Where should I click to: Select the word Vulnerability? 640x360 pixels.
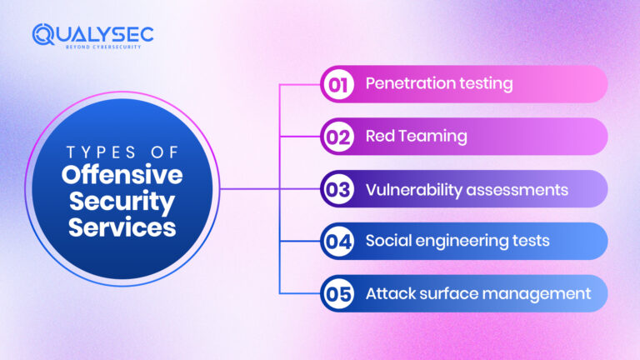pyautogui.click(x=408, y=190)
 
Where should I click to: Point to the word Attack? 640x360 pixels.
pyautogui.click(x=388, y=294)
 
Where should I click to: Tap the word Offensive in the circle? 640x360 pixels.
pyautogui.click(x=122, y=176)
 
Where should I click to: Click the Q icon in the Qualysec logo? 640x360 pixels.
pyautogui.click(x=44, y=34)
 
